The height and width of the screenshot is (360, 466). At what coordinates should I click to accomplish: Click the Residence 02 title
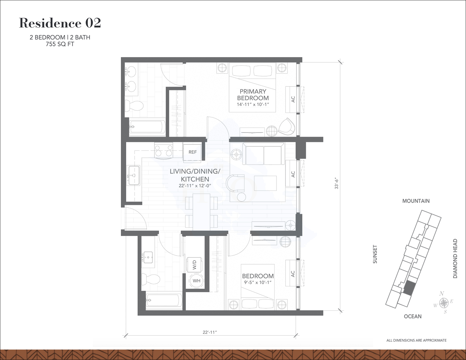coord(60,23)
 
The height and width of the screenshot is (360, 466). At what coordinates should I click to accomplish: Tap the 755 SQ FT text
coord(60,44)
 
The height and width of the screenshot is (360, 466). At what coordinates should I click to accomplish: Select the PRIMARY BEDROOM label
coord(253,95)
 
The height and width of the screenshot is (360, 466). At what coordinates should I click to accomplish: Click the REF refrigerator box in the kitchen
coord(192,152)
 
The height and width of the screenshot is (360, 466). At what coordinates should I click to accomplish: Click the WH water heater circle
coord(196,281)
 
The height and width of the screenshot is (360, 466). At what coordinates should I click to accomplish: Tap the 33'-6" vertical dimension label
coord(336,184)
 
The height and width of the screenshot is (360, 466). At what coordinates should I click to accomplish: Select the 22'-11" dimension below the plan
coord(210,332)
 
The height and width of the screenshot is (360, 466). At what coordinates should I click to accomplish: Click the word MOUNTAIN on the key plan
coord(416,201)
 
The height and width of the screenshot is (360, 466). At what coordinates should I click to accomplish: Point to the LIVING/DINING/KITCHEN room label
coord(195,175)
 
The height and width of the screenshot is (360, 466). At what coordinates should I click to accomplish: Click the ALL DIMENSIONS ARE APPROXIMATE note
coord(416,340)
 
